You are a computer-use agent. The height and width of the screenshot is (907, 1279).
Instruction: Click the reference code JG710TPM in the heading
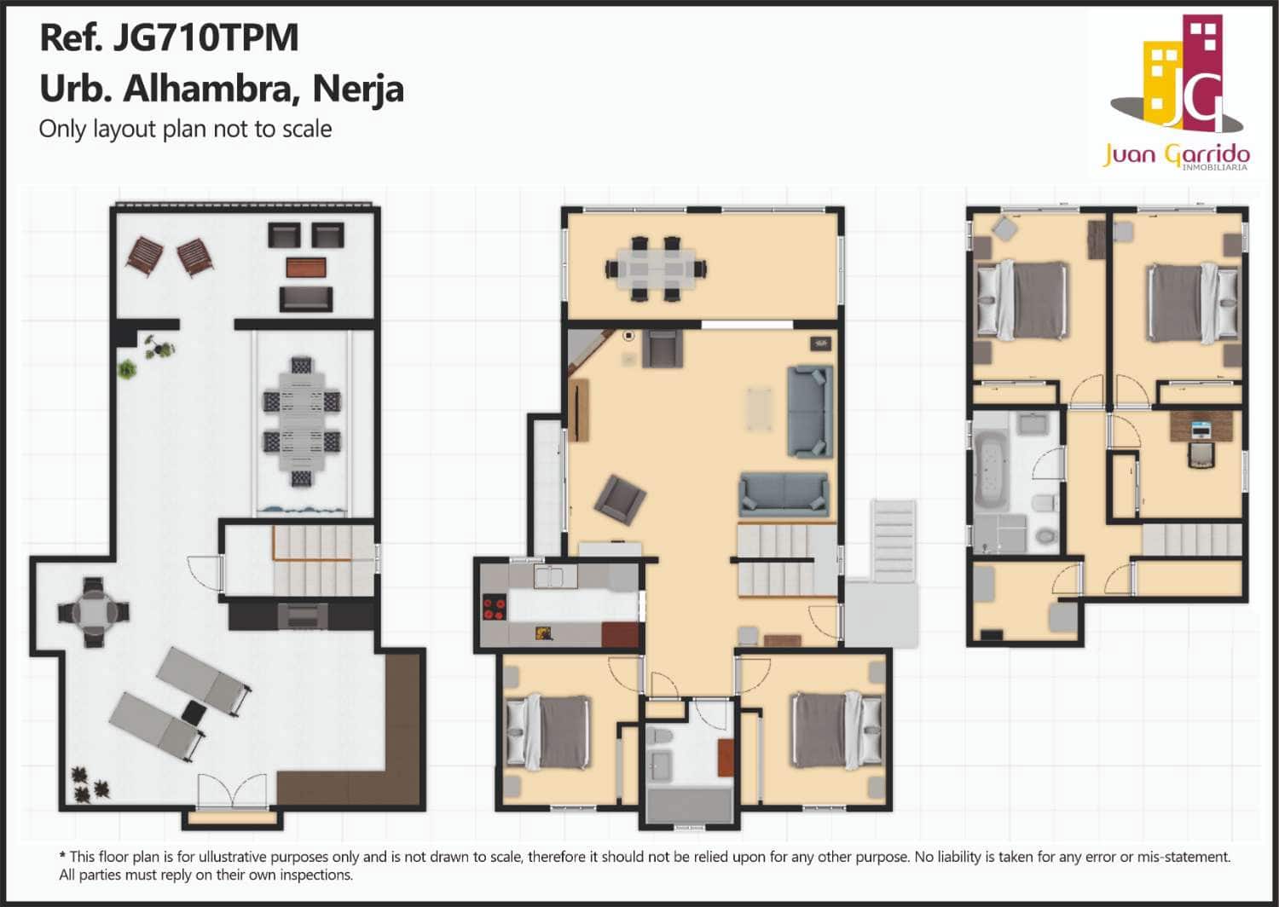[205, 38]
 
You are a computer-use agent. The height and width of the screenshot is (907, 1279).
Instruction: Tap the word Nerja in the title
[357, 89]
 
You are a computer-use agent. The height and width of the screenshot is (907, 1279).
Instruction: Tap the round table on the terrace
[93, 611]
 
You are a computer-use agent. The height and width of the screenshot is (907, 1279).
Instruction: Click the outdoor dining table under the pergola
[301, 421]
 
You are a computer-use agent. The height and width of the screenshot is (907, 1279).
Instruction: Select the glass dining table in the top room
[656, 269]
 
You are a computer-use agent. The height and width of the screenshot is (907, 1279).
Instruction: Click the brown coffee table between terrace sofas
[306, 267]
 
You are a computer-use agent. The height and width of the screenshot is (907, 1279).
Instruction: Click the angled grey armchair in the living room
[620, 500]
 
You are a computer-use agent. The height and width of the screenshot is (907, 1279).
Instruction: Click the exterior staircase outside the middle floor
[893, 541]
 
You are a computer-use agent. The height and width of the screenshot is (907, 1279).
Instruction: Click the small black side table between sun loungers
[194, 712]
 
